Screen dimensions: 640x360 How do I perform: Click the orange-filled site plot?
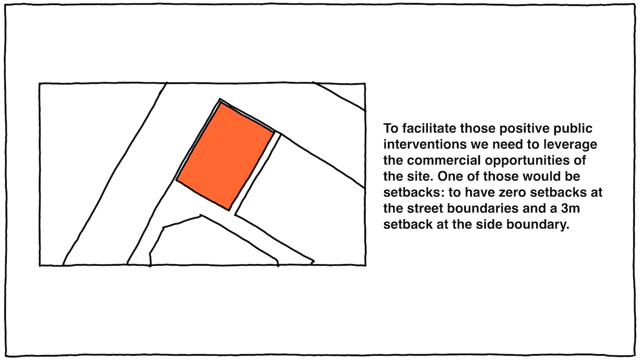[x=225, y=156]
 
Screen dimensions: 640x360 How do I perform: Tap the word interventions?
[x=425, y=144]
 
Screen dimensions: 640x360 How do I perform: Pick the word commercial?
[x=444, y=160]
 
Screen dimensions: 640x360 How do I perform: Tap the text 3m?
[x=570, y=209]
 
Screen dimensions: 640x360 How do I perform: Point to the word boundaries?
[x=483, y=208]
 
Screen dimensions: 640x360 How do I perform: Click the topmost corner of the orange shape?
[x=220, y=102]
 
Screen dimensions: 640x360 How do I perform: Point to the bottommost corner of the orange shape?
[x=229, y=210]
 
